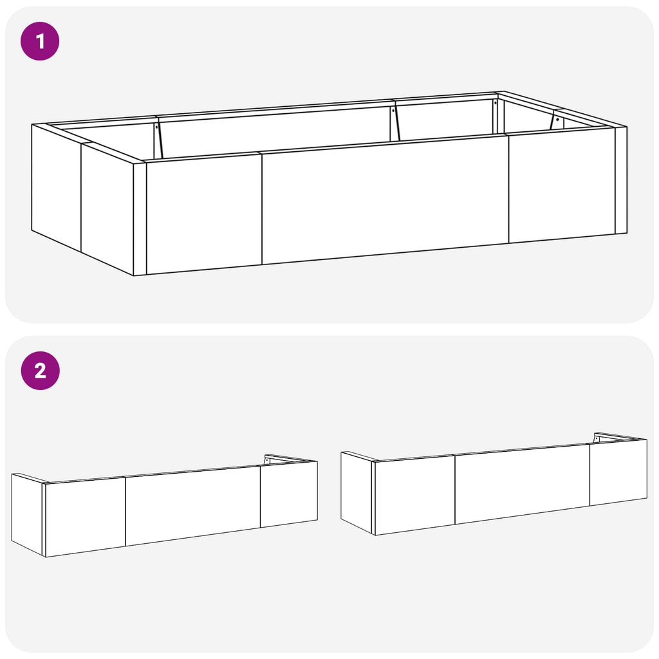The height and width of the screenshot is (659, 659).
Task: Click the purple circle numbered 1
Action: click(40, 41)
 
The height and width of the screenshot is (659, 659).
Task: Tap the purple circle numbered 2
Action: click(41, 371)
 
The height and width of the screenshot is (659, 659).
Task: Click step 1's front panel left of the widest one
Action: click(204, 214)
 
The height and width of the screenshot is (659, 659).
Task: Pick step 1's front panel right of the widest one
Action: click(562, 185)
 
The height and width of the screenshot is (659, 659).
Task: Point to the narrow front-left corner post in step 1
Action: click(140, 219)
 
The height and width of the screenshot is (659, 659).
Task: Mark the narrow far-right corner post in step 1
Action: click(621, 180)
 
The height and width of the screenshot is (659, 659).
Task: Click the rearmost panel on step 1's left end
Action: click(57, 187)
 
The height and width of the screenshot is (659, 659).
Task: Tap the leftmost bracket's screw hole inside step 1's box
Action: click(156, 127)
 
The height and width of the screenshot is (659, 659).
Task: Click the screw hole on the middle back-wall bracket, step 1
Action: click(393, 111)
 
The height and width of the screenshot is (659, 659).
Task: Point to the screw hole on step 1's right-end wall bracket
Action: click(557, 120)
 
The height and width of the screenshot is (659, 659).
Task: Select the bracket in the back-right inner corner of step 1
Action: click(496, 118)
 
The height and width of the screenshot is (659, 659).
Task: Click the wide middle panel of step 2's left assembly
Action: click(192, 506)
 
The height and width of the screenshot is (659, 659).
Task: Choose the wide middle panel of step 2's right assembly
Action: click(522, 484)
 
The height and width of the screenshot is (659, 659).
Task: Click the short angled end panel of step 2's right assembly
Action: click(357, 493)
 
